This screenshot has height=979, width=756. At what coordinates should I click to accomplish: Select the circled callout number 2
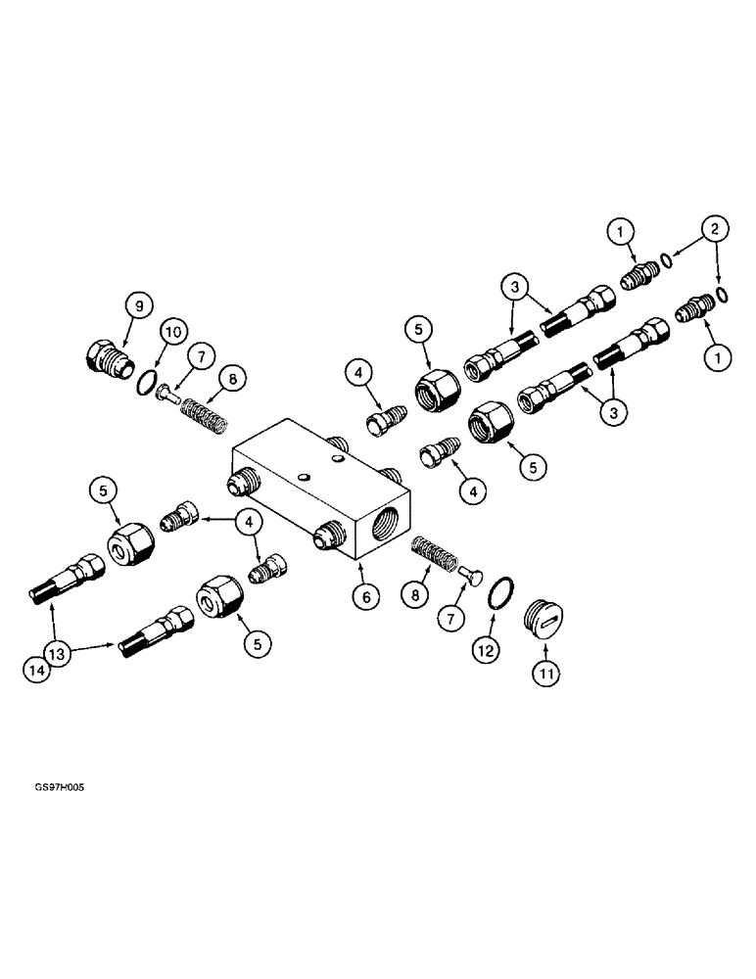[x=719, y=230]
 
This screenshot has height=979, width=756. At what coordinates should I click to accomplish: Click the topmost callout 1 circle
[x=621, y=231]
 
